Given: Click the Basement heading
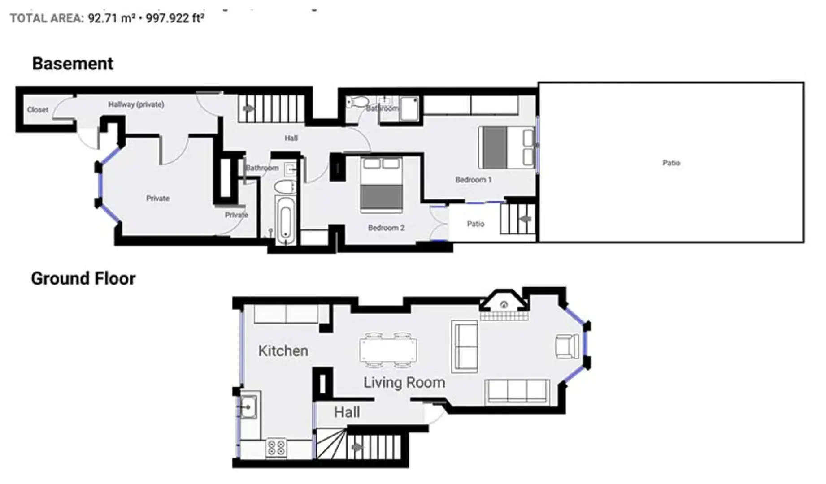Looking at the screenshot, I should pyautogui.click(x=73, y=64).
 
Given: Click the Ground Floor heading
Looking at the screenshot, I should pyautogui.click(x=83, y=279).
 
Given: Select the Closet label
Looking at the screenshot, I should pyautogui.click(x=38, y=110).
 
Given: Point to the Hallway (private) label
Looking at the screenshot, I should pyautogui.click(x=136, y=104).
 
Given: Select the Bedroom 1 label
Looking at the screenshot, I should pyautogui.click(x=473, y=180).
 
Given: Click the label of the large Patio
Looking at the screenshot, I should pyautogui.click(x=671, y=163).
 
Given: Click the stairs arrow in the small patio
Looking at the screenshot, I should pyautogui.click(x=526, y=219).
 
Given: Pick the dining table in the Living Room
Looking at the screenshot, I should pyautogui.click(x=388, y=350).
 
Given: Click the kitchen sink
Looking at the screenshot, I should pyautogui.click(x=248, y=406).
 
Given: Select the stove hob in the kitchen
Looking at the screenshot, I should pyautogui.click(x=276, y=447).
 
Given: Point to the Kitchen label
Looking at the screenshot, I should pyautogui.click(x=283, y=351).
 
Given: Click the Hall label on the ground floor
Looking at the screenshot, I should pyautogui.click(x=347, y=412).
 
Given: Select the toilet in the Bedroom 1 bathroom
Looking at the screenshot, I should pyautogui.click(x=358, y=103).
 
